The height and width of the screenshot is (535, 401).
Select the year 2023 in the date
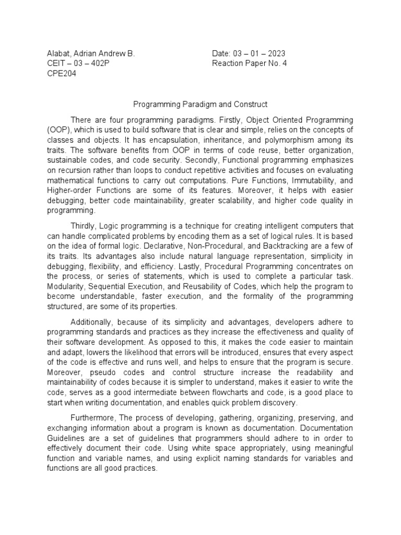(275, 54)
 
